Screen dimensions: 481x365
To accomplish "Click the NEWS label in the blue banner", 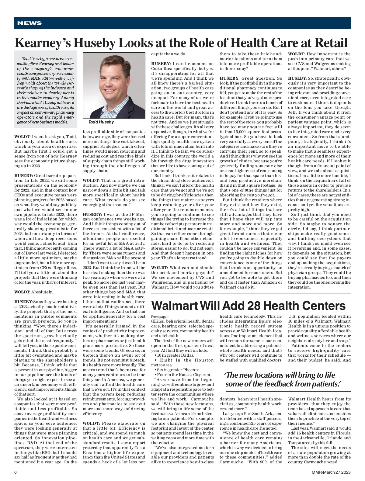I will coord(30,23).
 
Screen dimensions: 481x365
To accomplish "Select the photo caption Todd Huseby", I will coord(101,122).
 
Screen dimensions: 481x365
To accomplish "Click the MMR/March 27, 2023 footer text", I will coord(331,472).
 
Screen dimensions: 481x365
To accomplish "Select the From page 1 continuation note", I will coord(160,317).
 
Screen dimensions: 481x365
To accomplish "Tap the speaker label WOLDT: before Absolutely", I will coord(22,292).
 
